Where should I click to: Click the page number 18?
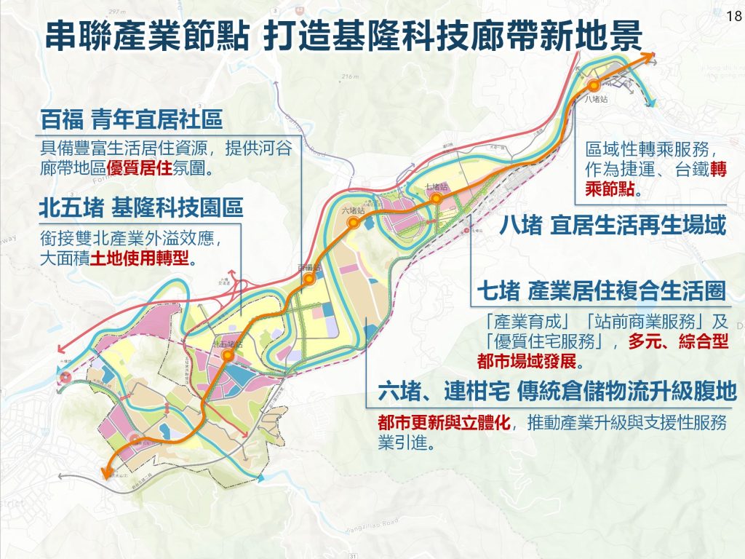click(732, 15)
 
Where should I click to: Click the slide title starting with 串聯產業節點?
click(342, 34)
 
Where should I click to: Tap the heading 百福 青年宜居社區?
click(131, 119)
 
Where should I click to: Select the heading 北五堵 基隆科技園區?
click(141, 209)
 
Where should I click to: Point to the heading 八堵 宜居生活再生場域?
click(613, 225)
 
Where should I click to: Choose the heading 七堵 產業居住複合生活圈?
click(601, 292)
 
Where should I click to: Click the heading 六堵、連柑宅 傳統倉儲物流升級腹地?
click(557, 392)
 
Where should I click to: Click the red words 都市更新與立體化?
click(445, 422)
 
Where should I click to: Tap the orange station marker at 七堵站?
click(437, 198)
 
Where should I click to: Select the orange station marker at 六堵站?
click(352, 224)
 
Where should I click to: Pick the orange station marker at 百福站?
click(309, 279)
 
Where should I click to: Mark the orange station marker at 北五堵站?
click(228, 355)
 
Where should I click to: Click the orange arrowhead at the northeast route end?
click(647, 57)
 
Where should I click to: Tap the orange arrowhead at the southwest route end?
click(106, 474)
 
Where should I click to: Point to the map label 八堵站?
click(596, 100)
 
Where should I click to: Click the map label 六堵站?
click(352, 210)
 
